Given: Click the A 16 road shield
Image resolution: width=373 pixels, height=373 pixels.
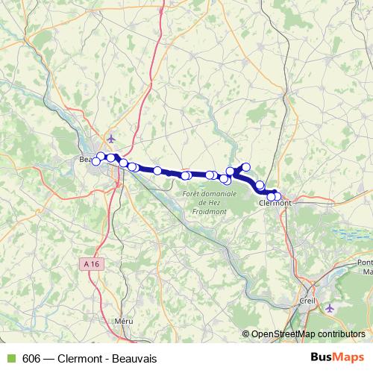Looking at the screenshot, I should [91, 263].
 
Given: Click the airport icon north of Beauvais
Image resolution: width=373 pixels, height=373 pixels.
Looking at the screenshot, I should [112, 138].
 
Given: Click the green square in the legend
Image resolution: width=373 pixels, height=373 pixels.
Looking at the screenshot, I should [10, 359].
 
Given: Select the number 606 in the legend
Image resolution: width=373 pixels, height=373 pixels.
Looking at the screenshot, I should [32, 359].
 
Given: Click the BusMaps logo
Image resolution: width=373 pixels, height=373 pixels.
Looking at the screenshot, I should [338, 358].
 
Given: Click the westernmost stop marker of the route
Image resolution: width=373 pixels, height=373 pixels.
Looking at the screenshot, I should [95, 162].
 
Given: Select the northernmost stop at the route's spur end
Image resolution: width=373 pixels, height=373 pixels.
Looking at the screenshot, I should [245, 166].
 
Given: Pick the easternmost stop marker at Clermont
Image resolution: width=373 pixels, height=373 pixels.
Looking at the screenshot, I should [278, 197].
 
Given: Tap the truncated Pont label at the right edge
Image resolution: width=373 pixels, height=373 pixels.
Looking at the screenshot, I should [366, 262].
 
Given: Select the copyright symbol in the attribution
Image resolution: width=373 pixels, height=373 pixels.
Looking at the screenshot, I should [245, 333].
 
